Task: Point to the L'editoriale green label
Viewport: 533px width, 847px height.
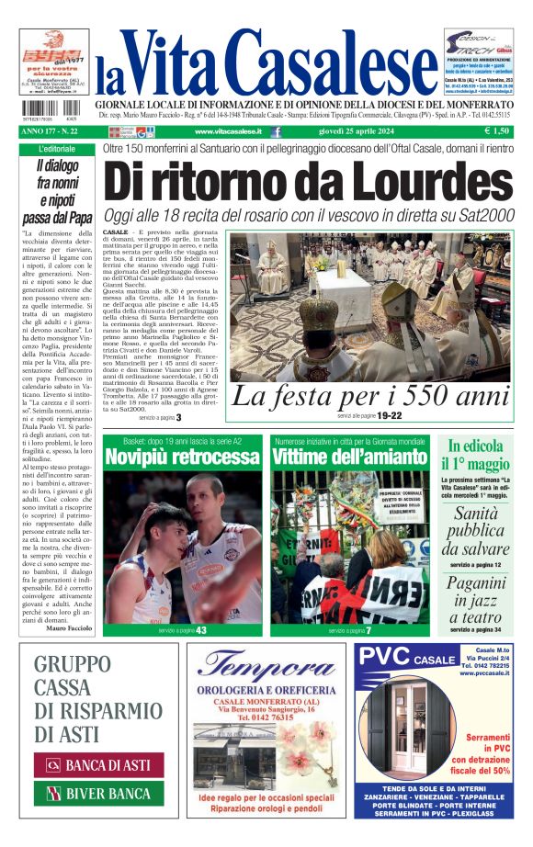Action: [x=56, y=149]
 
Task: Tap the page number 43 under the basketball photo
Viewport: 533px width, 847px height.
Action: [x=200, y=630]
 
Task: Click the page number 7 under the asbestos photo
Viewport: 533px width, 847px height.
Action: [x=369, y=630]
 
